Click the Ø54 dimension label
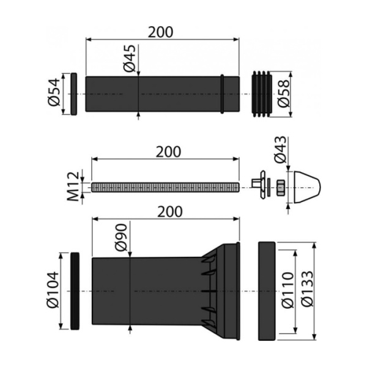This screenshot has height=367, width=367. pos(54,94)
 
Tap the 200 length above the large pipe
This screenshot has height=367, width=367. pos(169,211)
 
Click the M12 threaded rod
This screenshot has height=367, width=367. pos(165,187)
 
